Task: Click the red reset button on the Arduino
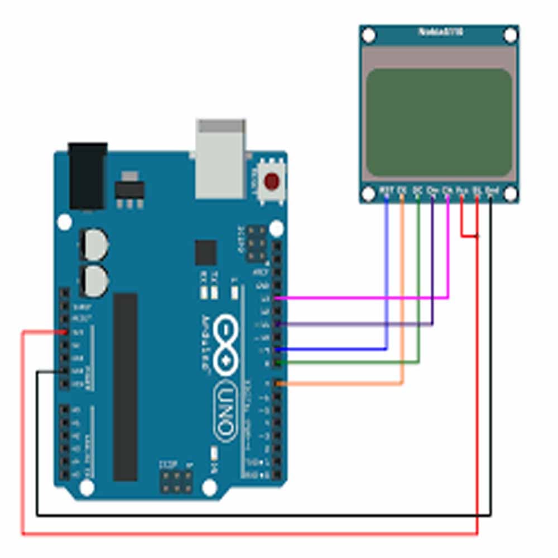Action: pos(272,181)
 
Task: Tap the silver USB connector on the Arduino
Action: pos(220,158)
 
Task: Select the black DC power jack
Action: pos(87,176)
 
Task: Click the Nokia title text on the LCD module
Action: pos(440,32)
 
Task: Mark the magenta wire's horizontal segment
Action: pos(363,298)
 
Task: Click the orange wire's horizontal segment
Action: pos(340,383)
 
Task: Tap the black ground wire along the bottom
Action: pos(262,515)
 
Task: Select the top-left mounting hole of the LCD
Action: pos(368,36)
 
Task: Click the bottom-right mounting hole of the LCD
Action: pos(511,194)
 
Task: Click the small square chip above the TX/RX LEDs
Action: pos(205,252)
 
